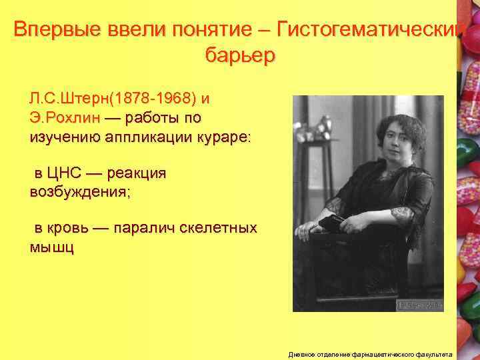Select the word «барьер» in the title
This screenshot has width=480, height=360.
(x=239, y=56)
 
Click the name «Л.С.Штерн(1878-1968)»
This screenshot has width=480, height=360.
(x=113, y=99)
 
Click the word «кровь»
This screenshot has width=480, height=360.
(x=69, y=229)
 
